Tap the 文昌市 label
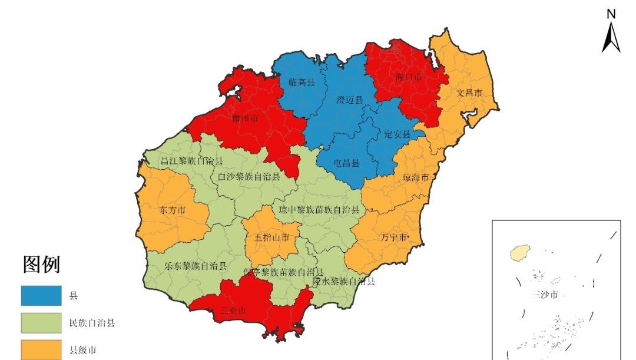tap(469, 93)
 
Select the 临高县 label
tap(302, 82)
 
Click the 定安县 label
tap(397, 134)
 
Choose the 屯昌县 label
tap(347, 163)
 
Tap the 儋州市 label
tap(246, 119)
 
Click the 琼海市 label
tap(416, 177)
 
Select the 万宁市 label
tap(393, 238)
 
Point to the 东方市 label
tap(173, 210)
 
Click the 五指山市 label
tap(272, 238)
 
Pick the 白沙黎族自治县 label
tap(249, 176)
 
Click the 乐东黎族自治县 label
tap(196, 266)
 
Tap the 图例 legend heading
tap(41, 265)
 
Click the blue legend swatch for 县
tap(41, 295)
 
